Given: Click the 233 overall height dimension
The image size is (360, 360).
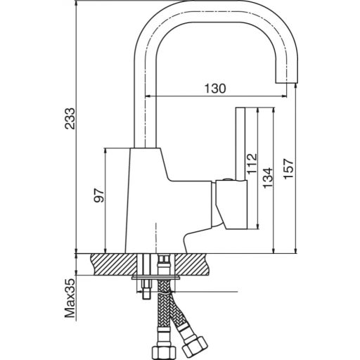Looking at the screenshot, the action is (x=70, y=119).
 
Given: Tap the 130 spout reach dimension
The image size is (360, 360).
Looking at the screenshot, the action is (x=215, y=89).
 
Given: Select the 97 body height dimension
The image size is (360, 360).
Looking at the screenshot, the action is (x=99, y=195).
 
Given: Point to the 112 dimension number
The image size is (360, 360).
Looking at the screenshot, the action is (x=252, y=164).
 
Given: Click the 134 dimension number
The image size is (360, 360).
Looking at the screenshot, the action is (x=268, y=178).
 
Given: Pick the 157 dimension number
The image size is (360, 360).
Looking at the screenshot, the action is (x=288, y=169).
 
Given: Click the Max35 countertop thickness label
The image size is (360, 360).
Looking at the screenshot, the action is (x=70, y=298).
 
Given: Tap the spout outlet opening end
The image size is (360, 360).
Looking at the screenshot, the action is (x=286, y=83).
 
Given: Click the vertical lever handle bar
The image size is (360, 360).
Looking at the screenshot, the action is (x=240, y=143).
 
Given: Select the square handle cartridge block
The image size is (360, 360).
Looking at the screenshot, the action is (x=231, y=205).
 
